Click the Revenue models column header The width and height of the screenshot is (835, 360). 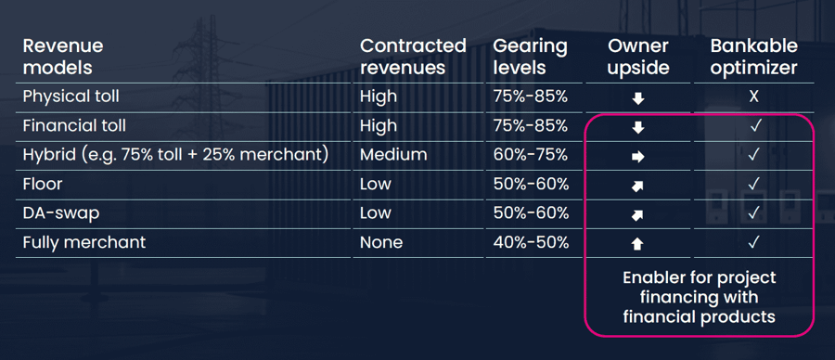[63, 57]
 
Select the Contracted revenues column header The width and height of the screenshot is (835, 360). [413, 57]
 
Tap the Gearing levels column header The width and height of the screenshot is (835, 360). [530, 57]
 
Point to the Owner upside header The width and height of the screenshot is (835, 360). [638, 57]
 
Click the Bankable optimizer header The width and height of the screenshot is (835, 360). [753, 57]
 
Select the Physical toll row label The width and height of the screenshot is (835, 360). [71, 96]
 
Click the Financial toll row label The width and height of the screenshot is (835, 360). [74, 125]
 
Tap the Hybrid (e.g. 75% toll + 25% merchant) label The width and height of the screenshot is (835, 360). [175, 155]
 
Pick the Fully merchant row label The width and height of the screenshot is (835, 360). [83, 242]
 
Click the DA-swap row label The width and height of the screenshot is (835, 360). [60, 212]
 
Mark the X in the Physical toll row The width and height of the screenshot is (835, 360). [753, 96]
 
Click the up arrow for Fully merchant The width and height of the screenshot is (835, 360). [637, 244]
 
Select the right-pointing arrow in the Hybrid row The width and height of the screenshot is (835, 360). [637, 157]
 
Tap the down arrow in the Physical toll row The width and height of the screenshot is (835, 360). [637, 98]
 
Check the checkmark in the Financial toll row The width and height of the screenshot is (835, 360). [753, 126]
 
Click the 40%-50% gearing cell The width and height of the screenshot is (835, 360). [531, 242]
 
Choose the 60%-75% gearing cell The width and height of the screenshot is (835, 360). [531, 155]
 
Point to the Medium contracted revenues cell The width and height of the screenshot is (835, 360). [393, 155]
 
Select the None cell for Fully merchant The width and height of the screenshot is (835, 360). [381, 242]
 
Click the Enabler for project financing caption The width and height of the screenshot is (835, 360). [699, 297]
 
